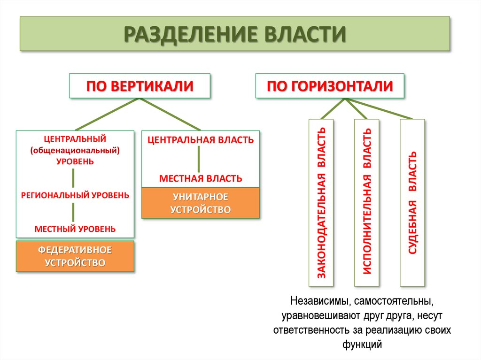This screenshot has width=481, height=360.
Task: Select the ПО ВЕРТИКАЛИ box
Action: click(x=140, y=86)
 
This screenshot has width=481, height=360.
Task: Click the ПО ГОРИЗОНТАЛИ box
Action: click(x=330, y=86)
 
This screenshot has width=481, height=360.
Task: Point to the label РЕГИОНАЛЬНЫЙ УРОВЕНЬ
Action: click(x=75, y=195)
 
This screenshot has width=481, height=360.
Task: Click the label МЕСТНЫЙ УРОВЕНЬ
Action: click(x=75, y=229)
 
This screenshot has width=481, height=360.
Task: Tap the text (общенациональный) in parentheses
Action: click(x=75, y=150)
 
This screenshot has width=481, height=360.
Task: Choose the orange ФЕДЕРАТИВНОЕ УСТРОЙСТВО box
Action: click(x=75, y=256)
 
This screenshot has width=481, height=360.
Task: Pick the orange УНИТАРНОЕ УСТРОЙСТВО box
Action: click(x=201, y=203)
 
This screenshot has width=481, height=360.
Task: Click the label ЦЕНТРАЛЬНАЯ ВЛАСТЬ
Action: click(x=201, y=140)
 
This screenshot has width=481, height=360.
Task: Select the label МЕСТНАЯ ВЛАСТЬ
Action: click(x=201, y=178)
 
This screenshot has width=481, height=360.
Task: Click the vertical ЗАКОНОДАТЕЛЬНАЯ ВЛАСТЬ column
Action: click(x=321, y=203)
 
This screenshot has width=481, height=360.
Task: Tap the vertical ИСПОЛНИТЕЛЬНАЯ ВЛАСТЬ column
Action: click(x=366, y=203)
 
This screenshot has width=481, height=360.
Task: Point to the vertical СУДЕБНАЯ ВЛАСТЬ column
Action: click(x=412, y=203)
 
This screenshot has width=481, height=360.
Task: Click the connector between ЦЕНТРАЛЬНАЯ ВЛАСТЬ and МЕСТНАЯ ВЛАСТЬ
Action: click(x=199, y=159)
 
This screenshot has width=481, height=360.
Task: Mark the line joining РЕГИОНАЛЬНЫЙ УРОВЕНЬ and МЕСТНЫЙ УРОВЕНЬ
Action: click(x=73, y=212)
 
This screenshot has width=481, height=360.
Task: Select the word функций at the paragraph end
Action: click(x=362, y=344)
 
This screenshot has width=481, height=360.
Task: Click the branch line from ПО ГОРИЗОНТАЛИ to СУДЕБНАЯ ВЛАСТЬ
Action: click(x=379, y=108)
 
